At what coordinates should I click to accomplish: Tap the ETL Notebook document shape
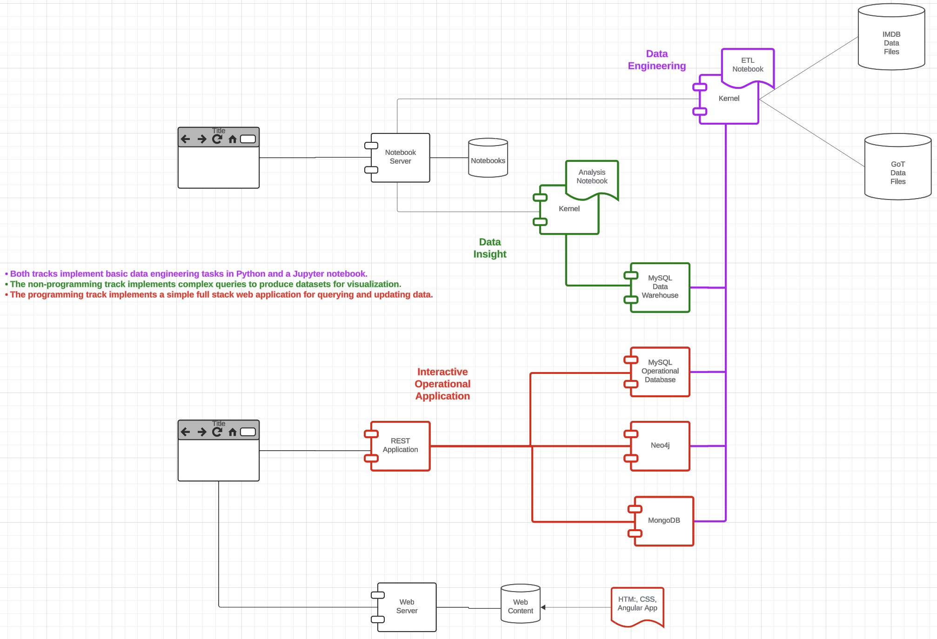click(748, 66)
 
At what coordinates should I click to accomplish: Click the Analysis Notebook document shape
click(592, 178)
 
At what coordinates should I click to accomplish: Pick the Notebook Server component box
click(400, 157)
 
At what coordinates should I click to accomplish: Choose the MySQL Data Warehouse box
click(660, 287)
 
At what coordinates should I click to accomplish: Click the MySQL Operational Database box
click(660, 372)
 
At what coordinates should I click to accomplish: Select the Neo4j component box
click(660, 446)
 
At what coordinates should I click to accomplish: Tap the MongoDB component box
click(663, 521)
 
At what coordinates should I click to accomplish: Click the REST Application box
click(400, 446)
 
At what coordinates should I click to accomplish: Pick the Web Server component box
click(407, 607)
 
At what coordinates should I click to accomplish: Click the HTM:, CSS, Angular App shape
click(637, 605)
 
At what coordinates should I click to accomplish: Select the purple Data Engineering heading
click(656, 60)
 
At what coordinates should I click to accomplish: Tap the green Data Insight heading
click(489, 248)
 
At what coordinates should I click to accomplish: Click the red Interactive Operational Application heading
click(442, 384)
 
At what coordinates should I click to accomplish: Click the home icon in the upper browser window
click(233, 139)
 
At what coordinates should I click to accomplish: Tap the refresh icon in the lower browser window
click(217, 432)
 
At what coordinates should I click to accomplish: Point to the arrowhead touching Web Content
click(543, 607)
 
